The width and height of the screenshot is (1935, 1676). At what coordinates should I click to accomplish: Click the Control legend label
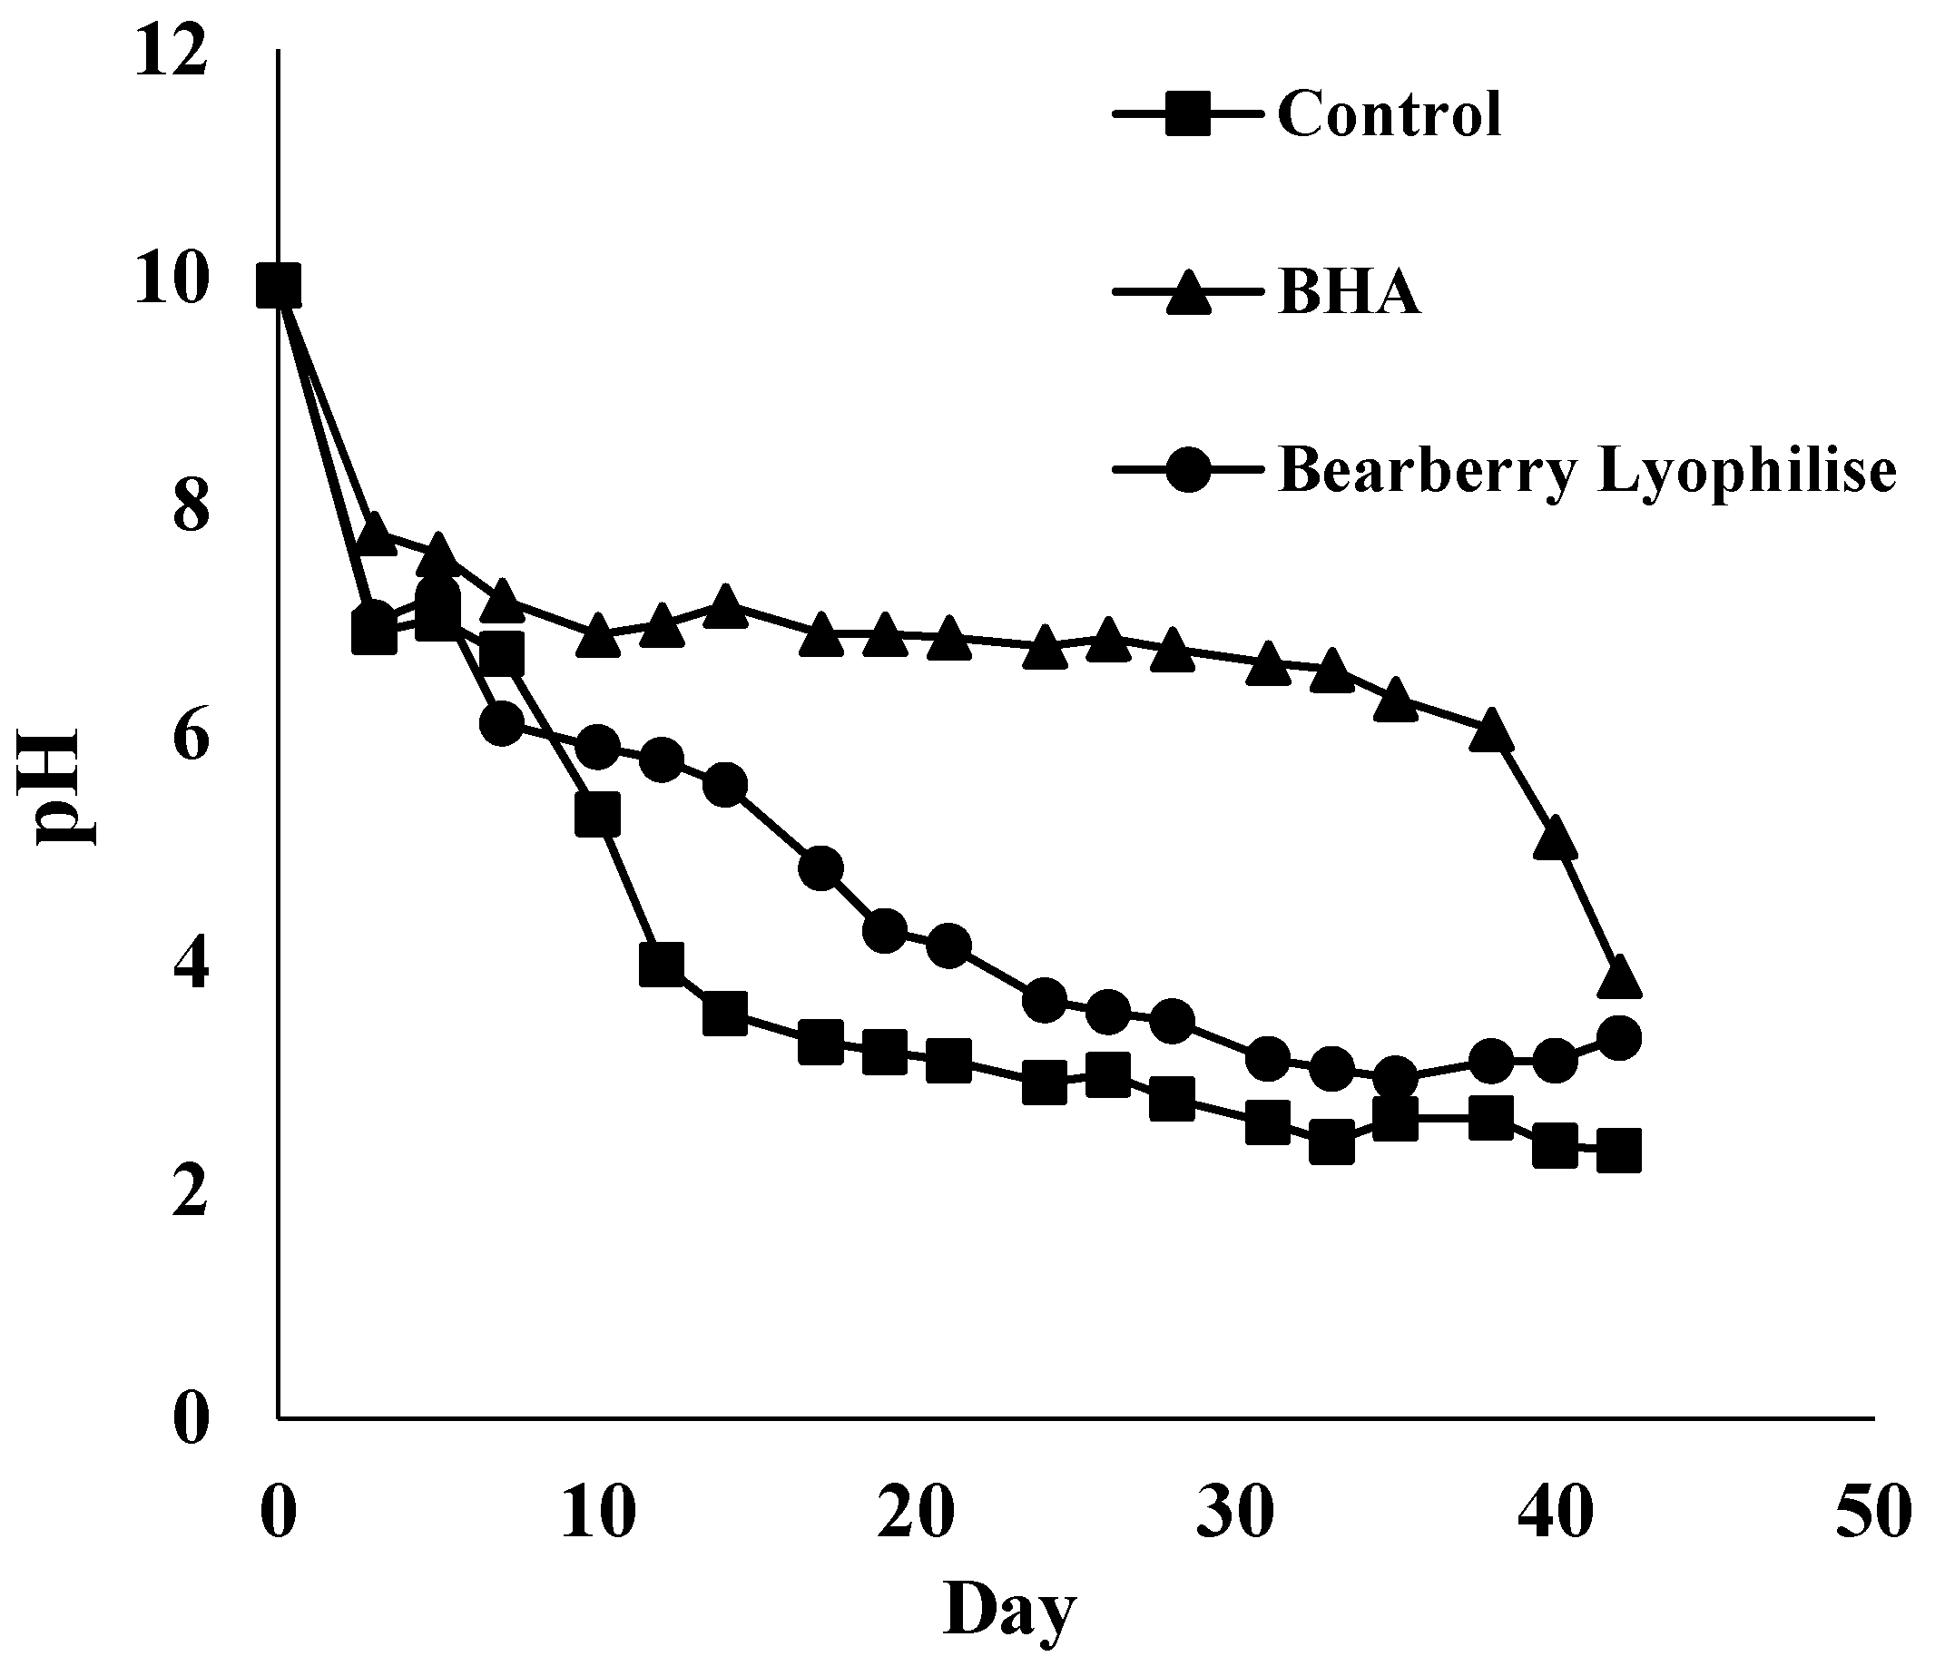(x=1389, y=116)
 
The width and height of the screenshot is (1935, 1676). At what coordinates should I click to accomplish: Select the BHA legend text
(x=1350, y=294)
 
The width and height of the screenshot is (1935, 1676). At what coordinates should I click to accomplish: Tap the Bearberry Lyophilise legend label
(x=1587, y=470)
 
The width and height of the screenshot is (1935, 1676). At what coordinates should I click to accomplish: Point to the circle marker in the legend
(x=1189, y=470)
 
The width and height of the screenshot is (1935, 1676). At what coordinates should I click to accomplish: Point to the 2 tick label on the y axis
(x=191, y=1194)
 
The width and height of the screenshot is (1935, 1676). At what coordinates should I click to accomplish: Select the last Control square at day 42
(x=1619, y=1151)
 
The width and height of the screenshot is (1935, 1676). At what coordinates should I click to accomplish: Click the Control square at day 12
(x=662, y=965)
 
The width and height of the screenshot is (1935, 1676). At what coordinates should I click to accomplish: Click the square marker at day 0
(x=279, y=285)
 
